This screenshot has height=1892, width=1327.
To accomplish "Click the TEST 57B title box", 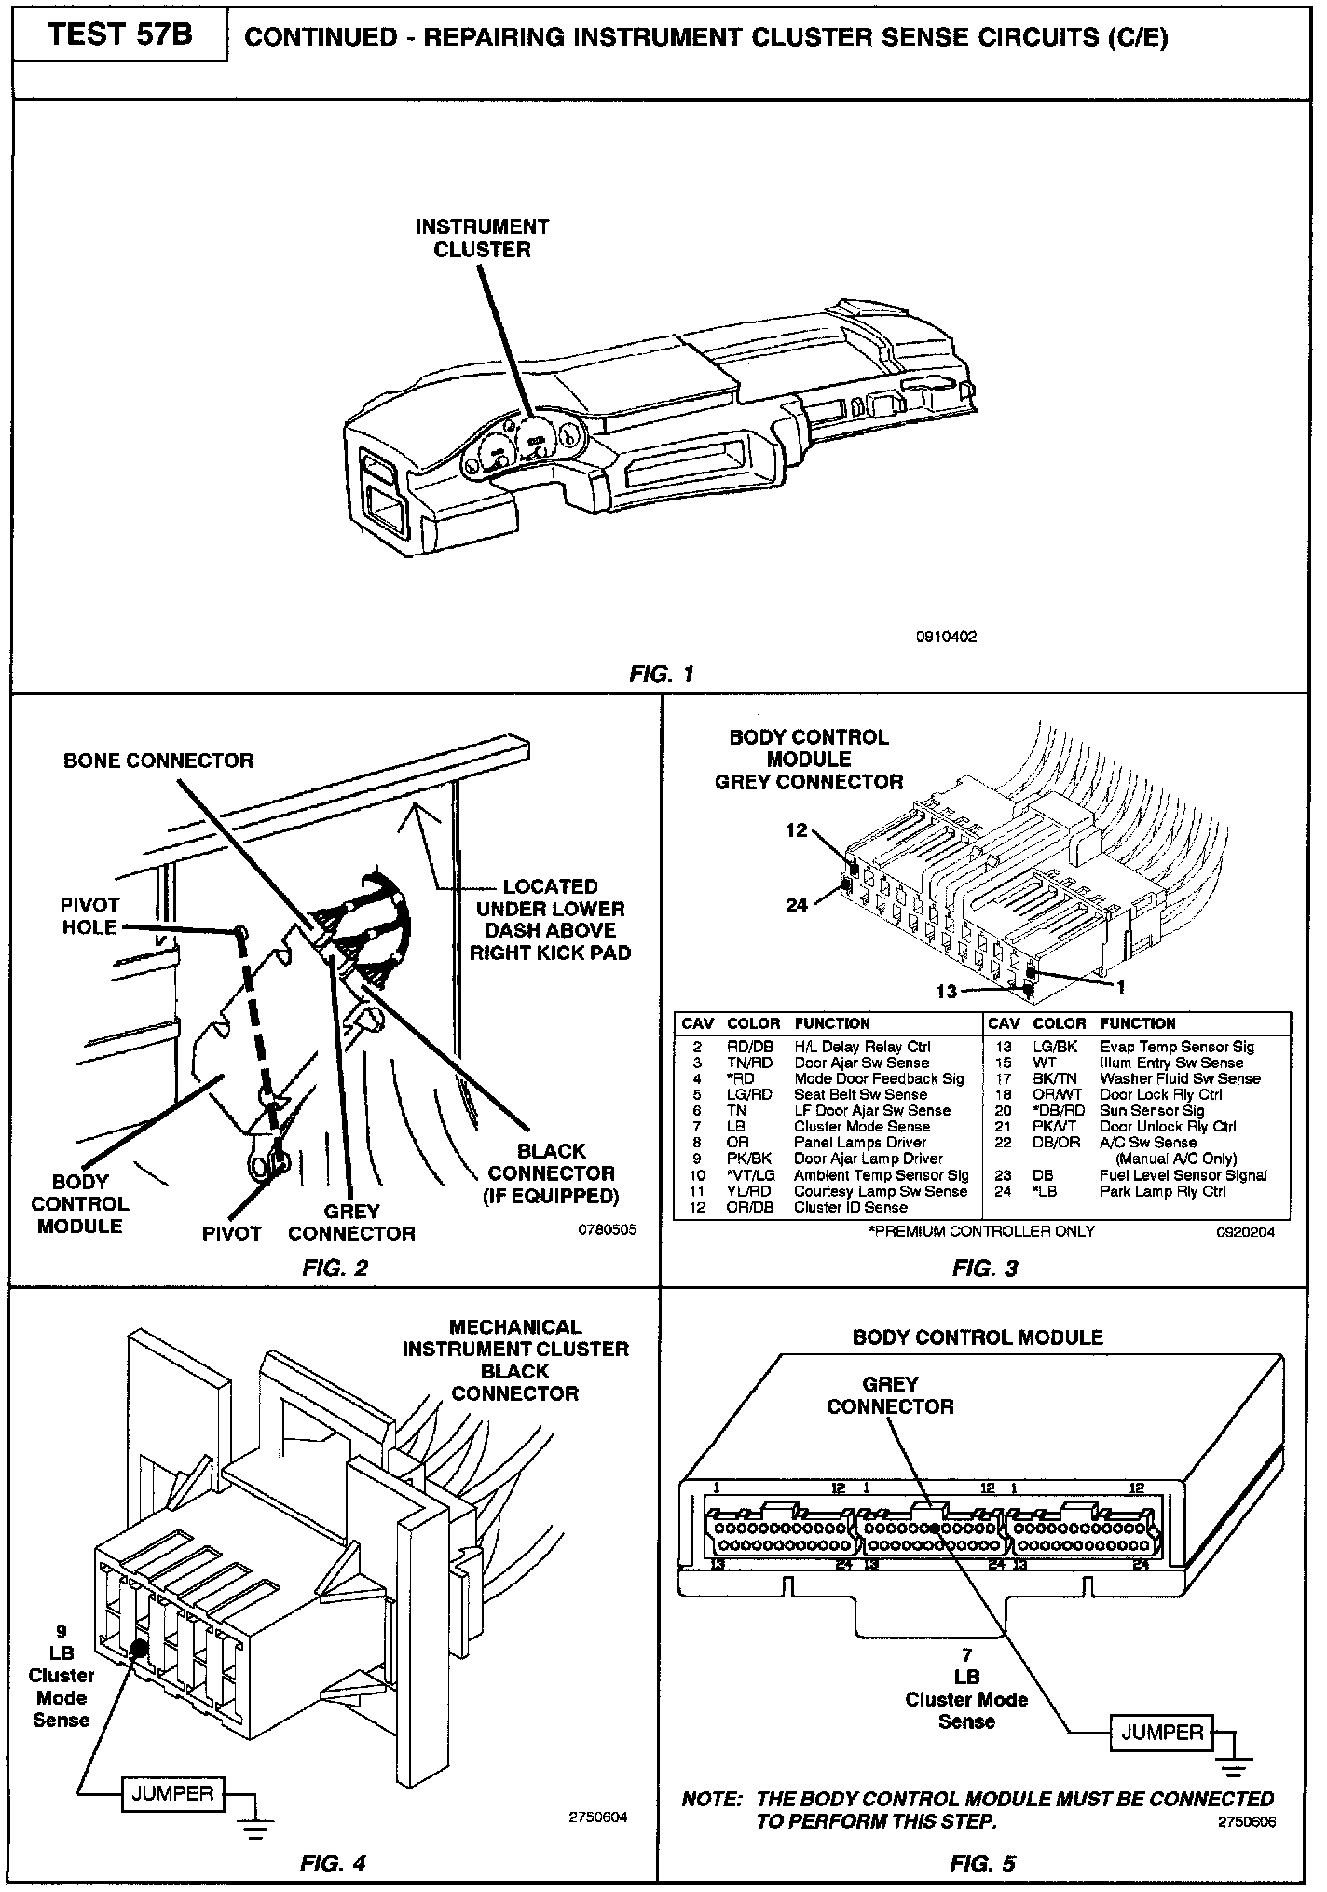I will click(119, 34).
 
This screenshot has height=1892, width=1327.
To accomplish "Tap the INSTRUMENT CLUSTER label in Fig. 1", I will click(482, 238).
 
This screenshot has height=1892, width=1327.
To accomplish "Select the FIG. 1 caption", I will click(662, 673).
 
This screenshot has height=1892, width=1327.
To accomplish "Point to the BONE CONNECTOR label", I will click(158, 761).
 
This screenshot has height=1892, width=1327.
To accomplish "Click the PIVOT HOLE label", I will click(89, 916).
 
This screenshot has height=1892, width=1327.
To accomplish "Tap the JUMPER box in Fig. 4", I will click(171, 1792).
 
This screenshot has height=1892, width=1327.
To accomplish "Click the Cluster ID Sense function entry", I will click(850, 1207).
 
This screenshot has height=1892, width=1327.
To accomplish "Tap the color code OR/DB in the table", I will click(750, 1207).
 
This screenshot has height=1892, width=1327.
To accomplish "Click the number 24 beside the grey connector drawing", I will click(797, 904).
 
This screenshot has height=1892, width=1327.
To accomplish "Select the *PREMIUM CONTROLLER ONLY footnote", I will click(980, 1231).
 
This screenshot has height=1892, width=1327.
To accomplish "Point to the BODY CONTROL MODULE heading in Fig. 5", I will click(978, 1337).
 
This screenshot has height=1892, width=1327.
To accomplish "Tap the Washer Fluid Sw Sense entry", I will click(1180, 1078).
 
